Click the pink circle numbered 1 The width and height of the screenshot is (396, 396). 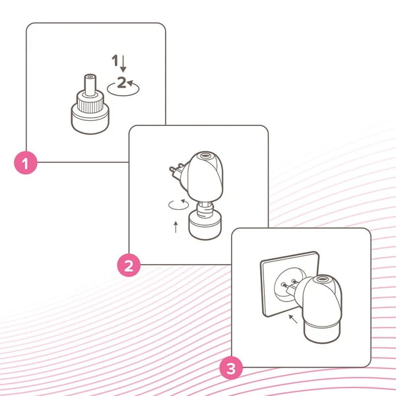26,163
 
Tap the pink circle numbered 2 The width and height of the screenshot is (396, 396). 129,265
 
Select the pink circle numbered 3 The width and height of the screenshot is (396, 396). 231,368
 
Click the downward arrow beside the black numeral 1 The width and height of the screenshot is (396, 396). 123,63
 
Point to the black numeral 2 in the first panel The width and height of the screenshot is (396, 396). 121,82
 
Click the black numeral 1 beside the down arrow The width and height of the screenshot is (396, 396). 115,60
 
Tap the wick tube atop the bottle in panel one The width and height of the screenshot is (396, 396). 90,84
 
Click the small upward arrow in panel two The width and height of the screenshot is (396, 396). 176,227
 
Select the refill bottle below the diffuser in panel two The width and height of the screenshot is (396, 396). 205,220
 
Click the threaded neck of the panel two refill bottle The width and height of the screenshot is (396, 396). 205,209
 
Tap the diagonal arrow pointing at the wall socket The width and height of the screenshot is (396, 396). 293,319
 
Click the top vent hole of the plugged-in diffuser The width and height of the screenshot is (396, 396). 321,279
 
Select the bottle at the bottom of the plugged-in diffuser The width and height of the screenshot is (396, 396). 322,331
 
